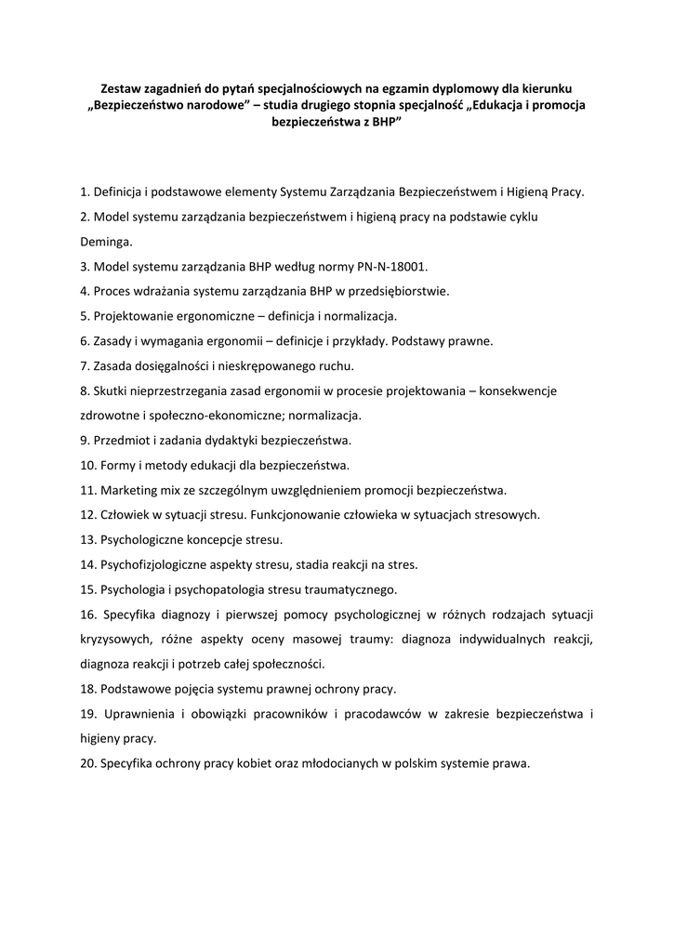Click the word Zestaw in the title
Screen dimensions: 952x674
coord(121,88)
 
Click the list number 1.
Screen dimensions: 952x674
coord(84,192)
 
